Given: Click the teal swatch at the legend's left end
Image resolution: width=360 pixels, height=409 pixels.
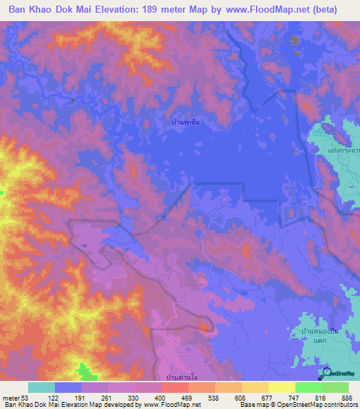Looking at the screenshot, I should coord(41,387).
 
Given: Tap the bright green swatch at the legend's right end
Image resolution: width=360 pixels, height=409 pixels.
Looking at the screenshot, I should coord(335,387).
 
